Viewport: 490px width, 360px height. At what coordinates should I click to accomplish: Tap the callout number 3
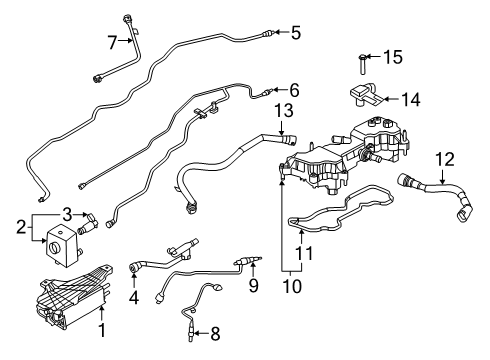(x=68, y=212)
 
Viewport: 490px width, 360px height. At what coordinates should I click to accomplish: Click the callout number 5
(x=295, y=33)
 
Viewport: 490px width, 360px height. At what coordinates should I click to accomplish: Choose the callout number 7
(x=113, y=41)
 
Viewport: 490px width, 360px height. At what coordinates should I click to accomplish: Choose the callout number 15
(x=394, y=58)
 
